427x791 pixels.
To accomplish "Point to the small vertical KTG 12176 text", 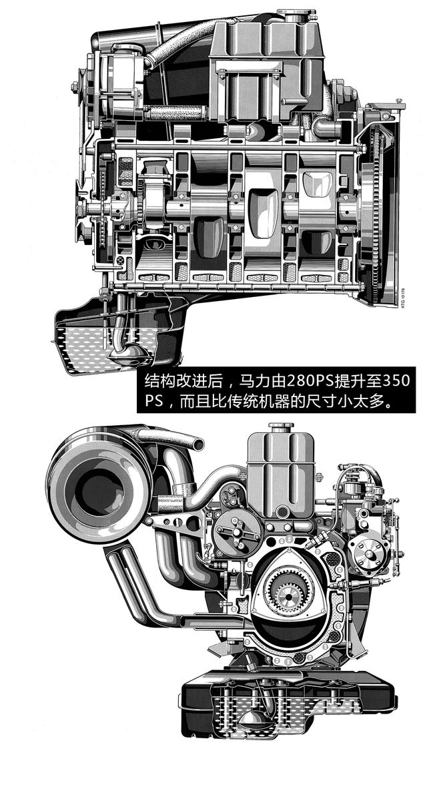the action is pyautogui.click(x=402, y=311).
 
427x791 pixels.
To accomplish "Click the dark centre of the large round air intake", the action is pyautogui.click(x=100, y=487).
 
